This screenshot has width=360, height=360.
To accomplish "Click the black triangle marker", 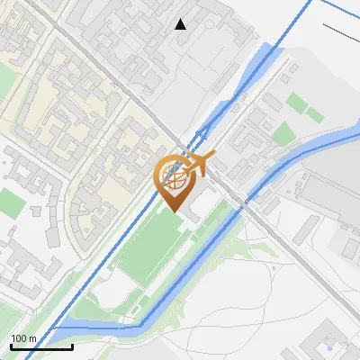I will [181, 24].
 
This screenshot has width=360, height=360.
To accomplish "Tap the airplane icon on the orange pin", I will [197, 164].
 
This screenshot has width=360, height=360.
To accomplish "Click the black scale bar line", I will [40, 346].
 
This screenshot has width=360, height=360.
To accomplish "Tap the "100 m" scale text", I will [24, 338].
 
